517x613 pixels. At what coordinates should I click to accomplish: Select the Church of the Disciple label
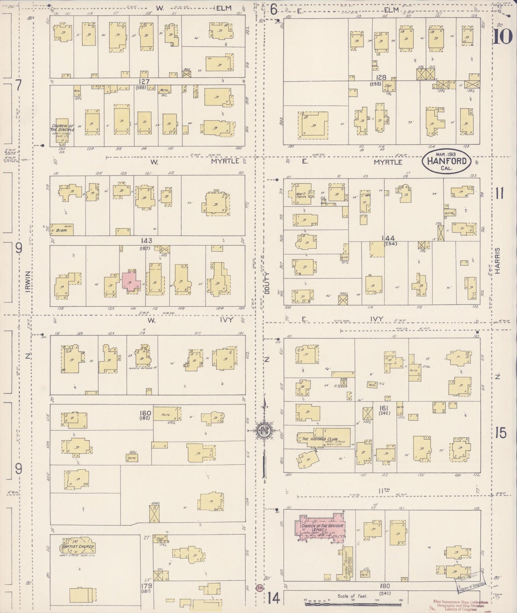point(63,128)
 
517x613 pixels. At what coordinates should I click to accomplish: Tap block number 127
point(145,81)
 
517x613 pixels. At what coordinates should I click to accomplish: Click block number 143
point(146,240)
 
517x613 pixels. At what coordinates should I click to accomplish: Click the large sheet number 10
point(503,37)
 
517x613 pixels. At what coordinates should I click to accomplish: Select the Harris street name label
point(498,261)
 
